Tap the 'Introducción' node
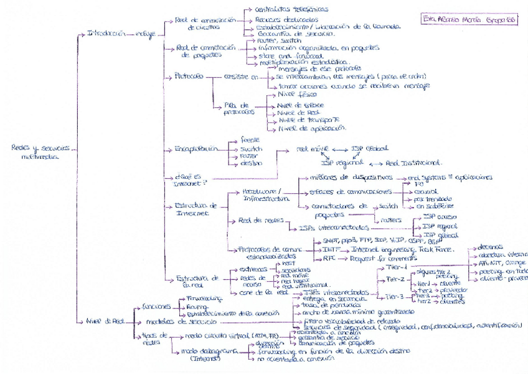pos(103,33)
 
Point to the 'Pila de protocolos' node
pos(237,109)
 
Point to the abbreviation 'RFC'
pos(329,257)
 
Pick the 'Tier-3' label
pos(394,296)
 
